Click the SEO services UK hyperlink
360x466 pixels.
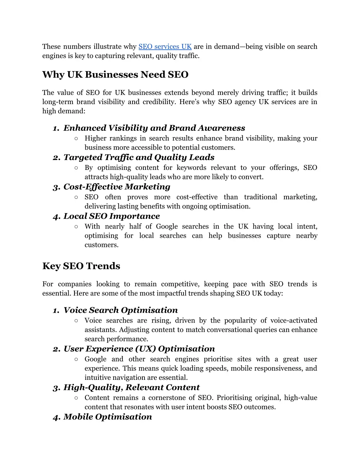165,47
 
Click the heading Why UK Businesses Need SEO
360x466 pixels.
115,75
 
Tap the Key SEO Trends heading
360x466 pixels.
81,266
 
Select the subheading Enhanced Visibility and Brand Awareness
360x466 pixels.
154,128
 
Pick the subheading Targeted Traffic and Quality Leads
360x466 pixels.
139,157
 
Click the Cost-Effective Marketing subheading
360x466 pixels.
117,187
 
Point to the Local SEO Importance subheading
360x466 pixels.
111,216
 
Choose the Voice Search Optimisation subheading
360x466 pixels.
121,310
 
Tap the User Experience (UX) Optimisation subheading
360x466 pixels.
139,349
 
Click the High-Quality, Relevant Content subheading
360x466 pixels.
131,388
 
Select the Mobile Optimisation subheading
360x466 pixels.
108,417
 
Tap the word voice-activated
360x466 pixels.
294,320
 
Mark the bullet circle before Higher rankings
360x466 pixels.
76,139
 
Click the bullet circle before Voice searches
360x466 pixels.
76,321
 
